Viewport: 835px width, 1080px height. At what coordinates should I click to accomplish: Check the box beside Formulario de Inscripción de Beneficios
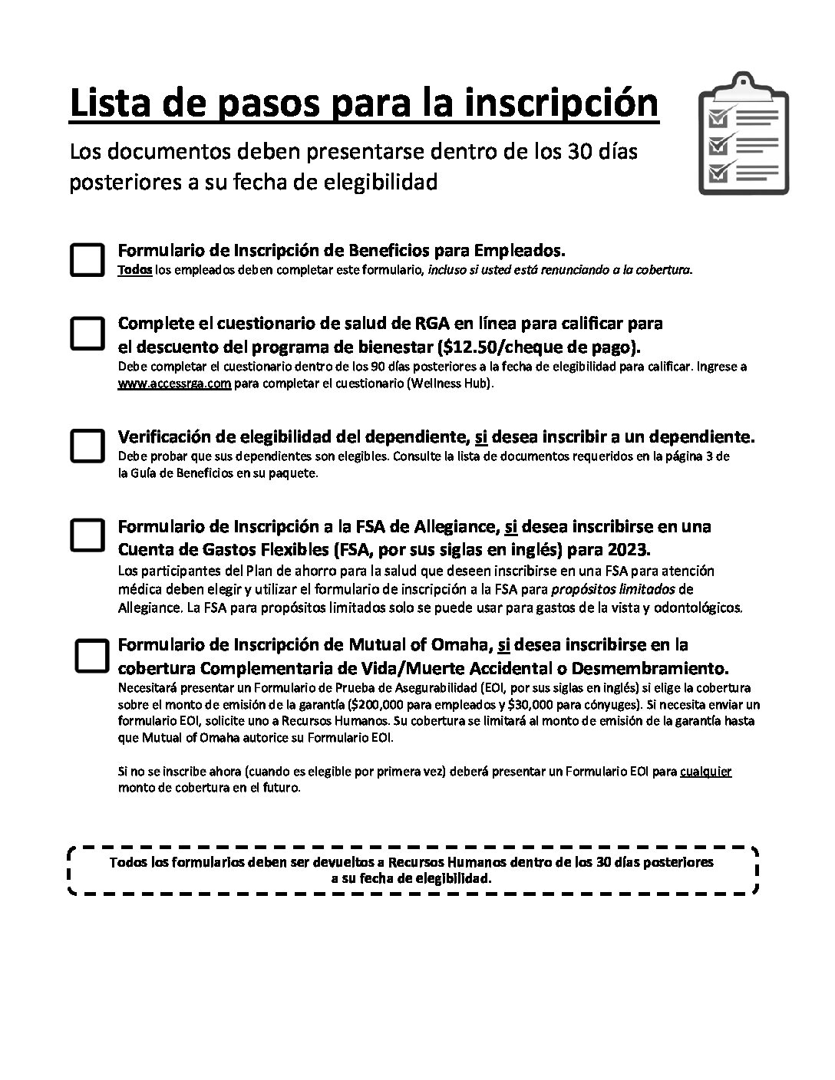(x=87, y=259)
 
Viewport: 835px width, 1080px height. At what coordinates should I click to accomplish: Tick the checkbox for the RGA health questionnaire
(x=87, y=333)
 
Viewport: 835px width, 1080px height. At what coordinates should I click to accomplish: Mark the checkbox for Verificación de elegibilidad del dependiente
(x=87, y=445)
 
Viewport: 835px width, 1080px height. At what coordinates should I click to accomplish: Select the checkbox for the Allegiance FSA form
(x=87, y=535)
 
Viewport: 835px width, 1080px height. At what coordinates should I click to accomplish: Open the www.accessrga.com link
(x=174, y=384)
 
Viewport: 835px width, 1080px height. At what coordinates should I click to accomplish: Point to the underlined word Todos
(x=134, y=270)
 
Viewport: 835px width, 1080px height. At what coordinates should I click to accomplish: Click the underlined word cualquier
(x=705, y=771)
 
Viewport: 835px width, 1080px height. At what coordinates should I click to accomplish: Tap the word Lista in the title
(x=105, y=104)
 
